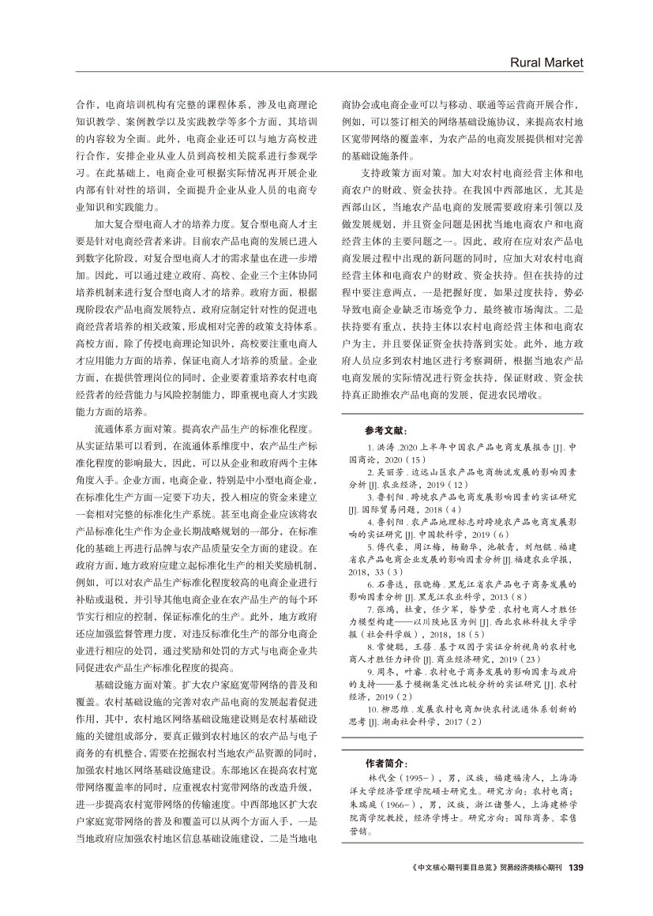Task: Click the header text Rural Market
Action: click(x=546, y=62)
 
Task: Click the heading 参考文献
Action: click(x=385, y=430)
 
